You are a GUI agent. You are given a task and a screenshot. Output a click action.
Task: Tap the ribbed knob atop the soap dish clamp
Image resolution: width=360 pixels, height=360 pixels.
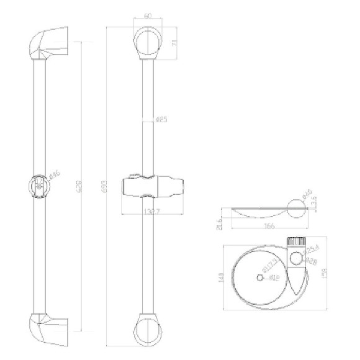click(295, 241)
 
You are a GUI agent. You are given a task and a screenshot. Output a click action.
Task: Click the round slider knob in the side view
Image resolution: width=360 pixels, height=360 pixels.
click(39, 186)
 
